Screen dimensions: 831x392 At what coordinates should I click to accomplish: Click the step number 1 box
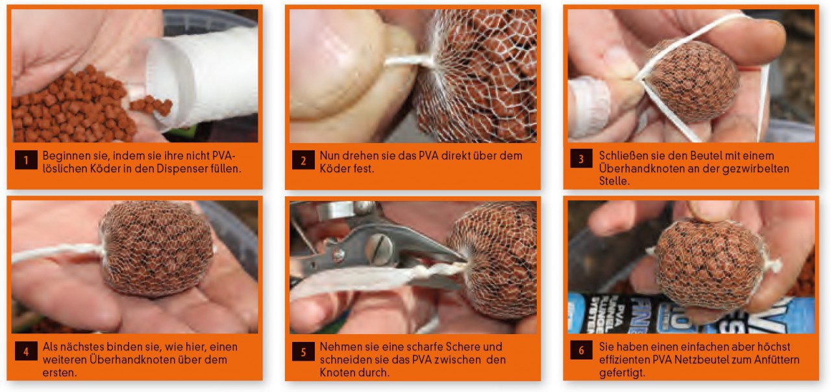[26, 160]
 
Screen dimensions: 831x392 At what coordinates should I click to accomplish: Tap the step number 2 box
[303, 160]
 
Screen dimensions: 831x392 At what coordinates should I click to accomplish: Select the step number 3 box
[581, 159]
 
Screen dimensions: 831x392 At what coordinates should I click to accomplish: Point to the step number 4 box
[26, 351]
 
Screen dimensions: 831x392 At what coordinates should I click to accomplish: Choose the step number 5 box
[303, 352]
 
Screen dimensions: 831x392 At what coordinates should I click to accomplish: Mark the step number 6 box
[581, 350]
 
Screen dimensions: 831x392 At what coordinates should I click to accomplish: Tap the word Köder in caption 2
[333, 168]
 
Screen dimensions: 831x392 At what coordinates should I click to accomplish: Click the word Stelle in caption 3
[614, 181]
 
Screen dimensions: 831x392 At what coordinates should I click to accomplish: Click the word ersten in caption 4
[59, 372]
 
